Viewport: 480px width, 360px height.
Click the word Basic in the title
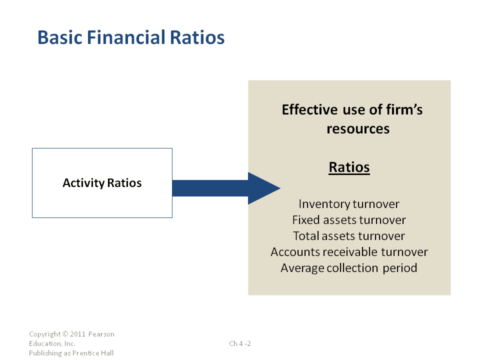click(x=60, y=37)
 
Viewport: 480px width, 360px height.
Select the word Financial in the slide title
click(x=126, y=37)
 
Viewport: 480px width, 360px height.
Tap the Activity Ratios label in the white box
click(x=102, y=183)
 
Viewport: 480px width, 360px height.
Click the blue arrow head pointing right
click(x=264, y=188)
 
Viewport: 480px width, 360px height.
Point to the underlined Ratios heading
click(x=349, y=167)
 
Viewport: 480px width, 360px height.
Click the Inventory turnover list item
click(x=349, y=204)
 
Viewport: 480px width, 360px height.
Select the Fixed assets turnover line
click(x=349, y=220)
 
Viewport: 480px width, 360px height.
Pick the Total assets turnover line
click(x=349, y=235)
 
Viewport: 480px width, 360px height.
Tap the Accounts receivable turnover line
click(x=349, y=252)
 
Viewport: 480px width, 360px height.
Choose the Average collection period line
click(x=349, y=268)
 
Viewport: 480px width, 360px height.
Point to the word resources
click(x=358, y=129)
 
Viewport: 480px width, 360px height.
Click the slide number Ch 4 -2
click(x=240, y=343)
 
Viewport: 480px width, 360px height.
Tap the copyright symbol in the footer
click(x=65, y=334)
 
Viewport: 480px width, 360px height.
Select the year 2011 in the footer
click(x=78, y=334)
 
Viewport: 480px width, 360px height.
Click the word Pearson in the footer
click(x=101, y=334)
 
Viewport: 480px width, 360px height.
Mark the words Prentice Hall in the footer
click(x=93, y=353)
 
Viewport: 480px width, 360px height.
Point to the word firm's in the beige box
click(x=404, y=109)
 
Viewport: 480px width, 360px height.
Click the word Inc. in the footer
click(x=70, y=343)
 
